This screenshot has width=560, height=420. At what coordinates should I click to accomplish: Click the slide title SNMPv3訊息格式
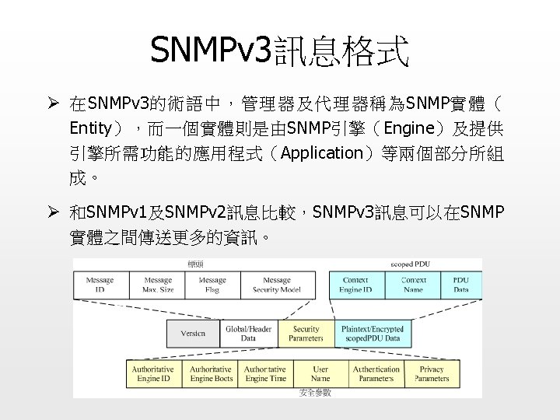point(279,52)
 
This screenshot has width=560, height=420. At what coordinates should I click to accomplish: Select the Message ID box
point(100,285)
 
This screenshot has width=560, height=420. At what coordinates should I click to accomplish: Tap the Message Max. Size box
point(158,285)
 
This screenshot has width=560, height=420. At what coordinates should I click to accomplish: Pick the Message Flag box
point(212,285)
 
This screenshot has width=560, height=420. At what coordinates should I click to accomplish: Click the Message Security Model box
point(276,285)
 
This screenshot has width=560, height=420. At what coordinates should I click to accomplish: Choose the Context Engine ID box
point(355,285)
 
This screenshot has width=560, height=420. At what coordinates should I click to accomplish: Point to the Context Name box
point(413,285)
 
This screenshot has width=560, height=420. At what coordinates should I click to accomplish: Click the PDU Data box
point(461,285)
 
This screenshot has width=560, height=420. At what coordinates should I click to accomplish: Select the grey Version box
point(193,333)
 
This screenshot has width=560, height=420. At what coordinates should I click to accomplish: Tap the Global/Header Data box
point(248,333)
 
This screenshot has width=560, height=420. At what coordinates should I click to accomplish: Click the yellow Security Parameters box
point(306,333)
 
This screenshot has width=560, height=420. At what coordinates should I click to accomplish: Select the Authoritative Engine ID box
point(152,374)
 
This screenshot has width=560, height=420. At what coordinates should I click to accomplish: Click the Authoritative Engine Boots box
point(211,374)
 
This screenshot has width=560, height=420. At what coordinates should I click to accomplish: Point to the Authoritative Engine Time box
point(265,374)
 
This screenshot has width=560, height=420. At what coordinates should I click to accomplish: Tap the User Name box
point(320,374)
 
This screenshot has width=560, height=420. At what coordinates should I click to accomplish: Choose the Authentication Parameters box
point(376,374)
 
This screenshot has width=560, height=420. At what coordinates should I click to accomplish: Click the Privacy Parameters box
point(432,374)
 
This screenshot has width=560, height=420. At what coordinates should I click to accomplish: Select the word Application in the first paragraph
point(321,152)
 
